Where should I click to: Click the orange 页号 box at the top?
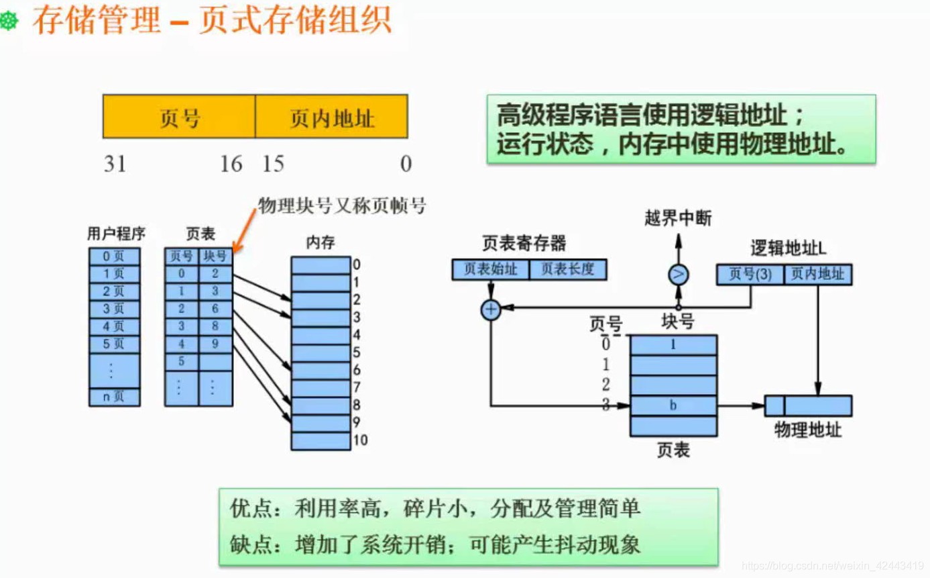[x=179, y=117]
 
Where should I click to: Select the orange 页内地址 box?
[x=331, y=117]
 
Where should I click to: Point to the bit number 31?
[x=115, y=164]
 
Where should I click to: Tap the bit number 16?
[x=231, y=164]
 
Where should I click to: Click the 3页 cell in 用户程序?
[x=114, y=309]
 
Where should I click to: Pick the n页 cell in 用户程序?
[x=114, y=397]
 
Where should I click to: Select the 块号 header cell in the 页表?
[x=215, y=256]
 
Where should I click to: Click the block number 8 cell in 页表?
[x=215, y=327]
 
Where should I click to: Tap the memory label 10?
[x=360, y=440]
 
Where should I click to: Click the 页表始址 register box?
[x=491, y=269]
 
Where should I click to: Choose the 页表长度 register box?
[x=568, y=269]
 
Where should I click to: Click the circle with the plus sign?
[x=491, y=309]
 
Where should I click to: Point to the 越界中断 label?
[x=678, y=218]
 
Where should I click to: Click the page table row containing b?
[x=673, y=405]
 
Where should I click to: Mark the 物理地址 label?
[x=807, y=430]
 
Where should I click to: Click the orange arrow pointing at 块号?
[x=244, y=228]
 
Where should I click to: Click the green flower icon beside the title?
[x=9, y=22]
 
